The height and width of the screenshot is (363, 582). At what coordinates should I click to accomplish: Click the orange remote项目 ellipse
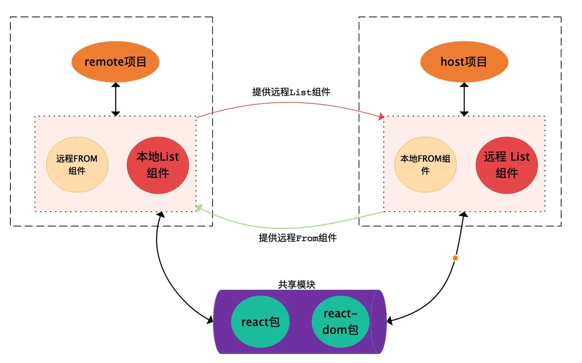click(115, 62)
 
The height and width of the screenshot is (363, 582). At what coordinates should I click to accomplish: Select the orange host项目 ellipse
click(464, 62)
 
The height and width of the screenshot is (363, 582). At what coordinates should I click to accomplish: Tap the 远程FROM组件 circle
click(77, 165)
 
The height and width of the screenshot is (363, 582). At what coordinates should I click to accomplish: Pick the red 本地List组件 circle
click(158, 165)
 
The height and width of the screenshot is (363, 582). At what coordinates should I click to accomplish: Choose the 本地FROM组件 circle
click(425, 165)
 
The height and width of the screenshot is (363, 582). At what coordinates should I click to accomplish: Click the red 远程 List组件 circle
click(507, 165)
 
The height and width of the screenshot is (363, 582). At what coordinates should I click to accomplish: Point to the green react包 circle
click(260, 321)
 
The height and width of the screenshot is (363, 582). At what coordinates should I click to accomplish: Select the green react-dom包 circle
click(340, 321)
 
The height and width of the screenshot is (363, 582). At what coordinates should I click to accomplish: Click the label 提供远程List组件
click(291, 92)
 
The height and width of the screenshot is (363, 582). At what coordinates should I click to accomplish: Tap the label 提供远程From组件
click(298, 238)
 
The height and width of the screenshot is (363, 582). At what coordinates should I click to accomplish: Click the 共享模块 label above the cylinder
click(296, 285)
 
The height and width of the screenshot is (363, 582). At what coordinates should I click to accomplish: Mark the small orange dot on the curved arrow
click(455, 258)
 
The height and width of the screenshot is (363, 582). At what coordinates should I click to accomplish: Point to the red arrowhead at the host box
click(381, 117)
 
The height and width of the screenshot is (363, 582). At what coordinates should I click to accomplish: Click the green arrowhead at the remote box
click(199, 208)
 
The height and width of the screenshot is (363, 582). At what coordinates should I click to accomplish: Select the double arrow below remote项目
click(115, 99)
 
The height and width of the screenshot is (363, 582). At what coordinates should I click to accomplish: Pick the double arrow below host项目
click(464, 99)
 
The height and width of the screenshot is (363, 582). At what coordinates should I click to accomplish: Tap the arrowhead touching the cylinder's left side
click(210, 320)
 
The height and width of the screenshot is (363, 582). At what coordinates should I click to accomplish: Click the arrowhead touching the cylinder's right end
click(390, 321)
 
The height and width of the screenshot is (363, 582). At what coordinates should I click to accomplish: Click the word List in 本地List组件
click(169, 157)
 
